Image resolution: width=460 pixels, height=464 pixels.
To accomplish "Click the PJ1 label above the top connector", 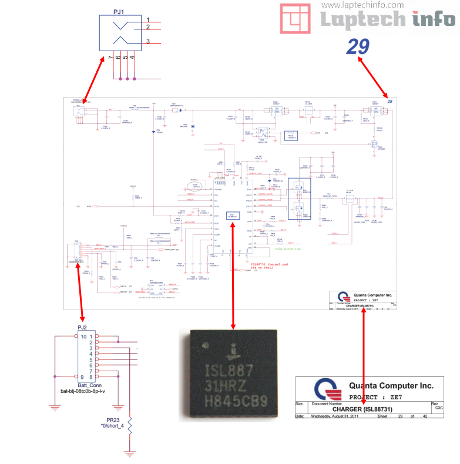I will [118, 11].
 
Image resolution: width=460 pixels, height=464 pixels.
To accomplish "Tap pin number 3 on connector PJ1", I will [148, 41].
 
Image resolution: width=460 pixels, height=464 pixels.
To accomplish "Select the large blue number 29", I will [357, 46].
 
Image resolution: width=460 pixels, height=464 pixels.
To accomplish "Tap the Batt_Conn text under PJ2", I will [82, 384].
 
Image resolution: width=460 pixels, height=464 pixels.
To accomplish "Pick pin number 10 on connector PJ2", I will [85, 337].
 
